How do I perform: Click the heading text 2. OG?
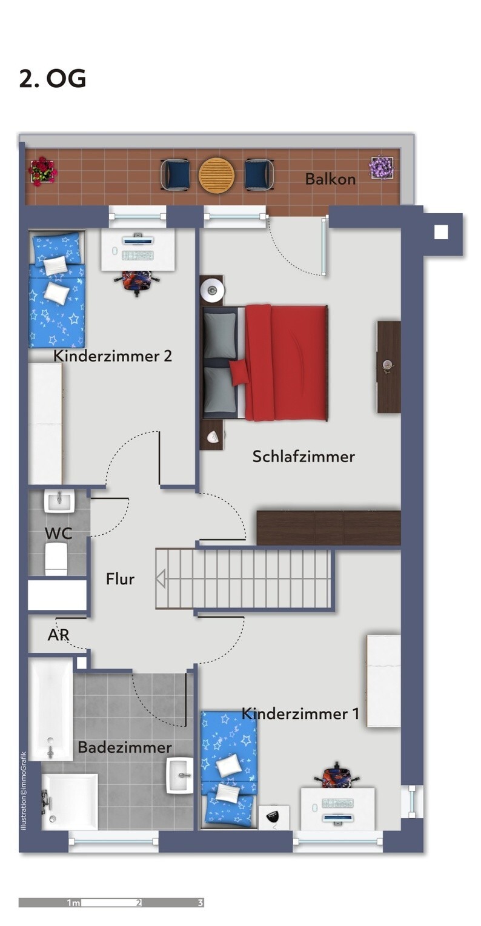(53, 79)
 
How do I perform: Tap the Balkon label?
(330, 179)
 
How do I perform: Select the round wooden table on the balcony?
(216, 176)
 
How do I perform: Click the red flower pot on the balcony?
(42, 171)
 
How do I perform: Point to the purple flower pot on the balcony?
(382, 168)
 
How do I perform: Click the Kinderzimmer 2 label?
(113, 356)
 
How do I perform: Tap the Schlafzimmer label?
(304, 457)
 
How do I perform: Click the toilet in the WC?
(56, 558)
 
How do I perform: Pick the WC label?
(58, 534)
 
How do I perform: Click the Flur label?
(120, 579)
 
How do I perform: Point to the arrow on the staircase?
(161, 579)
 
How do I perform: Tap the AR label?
(58, 635)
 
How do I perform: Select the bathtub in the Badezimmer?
(50, 709)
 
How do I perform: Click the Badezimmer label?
(124, 748)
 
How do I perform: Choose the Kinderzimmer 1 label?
(300, 714)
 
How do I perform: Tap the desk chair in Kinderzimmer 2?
(138, 282)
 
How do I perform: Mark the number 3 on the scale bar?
(201, 903)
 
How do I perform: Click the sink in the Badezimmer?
(180, 775)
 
